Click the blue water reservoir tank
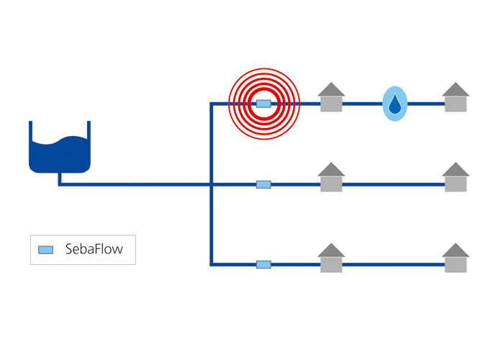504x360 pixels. coord(60,147)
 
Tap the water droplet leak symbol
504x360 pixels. coord(395,104)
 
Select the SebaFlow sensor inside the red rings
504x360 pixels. coord(264,104)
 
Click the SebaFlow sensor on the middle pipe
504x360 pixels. coord(264,184)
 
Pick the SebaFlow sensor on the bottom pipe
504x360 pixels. coord(264,264)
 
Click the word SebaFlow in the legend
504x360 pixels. coord(94,249)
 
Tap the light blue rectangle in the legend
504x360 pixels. coord(45,250)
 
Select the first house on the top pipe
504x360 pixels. coord(331,97)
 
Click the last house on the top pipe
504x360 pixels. coord(456,97)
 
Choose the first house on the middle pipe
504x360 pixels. coord(331,177)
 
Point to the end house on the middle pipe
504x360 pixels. coord(456,177)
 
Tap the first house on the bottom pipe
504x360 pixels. coord(331,258)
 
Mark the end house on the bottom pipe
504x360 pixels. coord(456,258)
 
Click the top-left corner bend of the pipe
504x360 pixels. coord(211,104)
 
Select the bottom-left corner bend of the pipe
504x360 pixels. coord(211,264)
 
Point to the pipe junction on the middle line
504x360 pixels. coord(211,184)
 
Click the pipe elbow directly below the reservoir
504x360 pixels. coord(60,184)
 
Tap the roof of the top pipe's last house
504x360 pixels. coord(456,90)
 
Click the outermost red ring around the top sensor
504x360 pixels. coord(264,68)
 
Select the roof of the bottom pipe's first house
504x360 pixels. coord(331,251)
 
